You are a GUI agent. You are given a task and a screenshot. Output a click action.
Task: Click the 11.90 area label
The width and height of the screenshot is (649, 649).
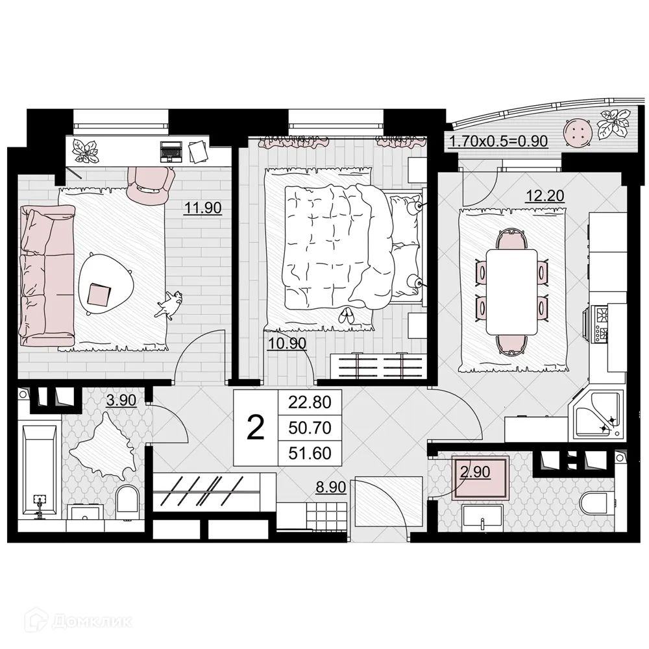click(204, 208)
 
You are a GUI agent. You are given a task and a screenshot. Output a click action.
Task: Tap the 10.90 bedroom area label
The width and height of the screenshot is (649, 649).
click(287, 343)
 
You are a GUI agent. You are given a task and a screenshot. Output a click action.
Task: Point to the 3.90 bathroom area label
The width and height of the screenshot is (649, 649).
click(121, 400)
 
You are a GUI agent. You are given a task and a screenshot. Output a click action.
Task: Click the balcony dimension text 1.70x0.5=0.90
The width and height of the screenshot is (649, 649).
click(498, 140)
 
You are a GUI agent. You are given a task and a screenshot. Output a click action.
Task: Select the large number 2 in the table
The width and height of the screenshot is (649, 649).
click(256, 428)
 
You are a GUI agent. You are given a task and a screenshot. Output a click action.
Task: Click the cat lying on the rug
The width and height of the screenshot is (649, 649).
click(169, 304)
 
